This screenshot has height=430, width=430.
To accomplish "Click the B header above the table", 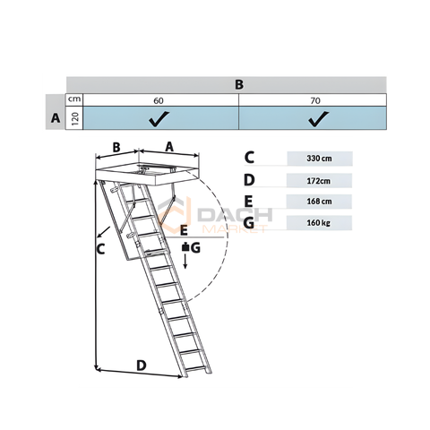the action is point(239,84).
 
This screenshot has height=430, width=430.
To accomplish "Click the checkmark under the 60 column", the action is point(159,118).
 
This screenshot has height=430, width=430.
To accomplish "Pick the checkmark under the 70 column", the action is point(319,118).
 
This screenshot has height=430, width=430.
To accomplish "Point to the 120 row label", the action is point(75,118).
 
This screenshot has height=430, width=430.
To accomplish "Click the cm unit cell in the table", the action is point(74,99).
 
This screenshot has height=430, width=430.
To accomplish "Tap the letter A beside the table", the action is point(56,118).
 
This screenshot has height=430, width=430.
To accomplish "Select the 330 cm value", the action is point(319,159).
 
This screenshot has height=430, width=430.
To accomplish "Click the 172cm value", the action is point(319,181).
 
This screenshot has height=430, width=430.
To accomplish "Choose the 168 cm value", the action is point(319,202).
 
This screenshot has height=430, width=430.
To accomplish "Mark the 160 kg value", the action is point(319,223).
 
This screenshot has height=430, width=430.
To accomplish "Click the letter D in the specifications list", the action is point(249,180).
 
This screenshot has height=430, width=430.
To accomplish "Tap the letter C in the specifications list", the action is point(249,158).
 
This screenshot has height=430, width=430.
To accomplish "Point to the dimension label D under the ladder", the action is point(142,365).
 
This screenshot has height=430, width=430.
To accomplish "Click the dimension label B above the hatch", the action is point(116,147).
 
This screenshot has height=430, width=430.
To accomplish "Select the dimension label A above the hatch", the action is point(169,147).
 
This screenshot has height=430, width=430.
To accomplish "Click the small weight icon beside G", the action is point(185,247).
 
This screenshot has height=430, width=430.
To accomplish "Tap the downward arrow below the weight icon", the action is point(185,262).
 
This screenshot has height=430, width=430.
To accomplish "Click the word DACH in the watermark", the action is point(235,215).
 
